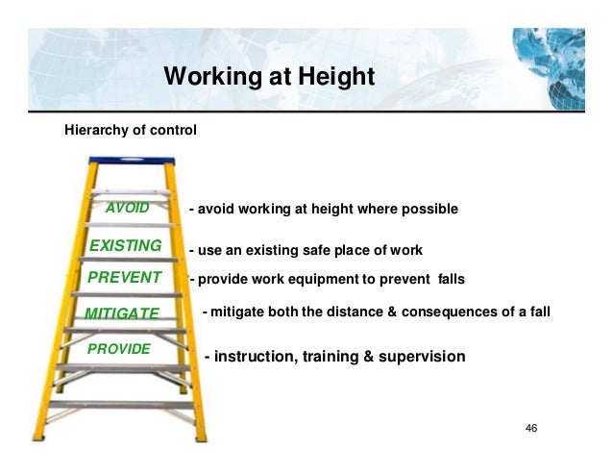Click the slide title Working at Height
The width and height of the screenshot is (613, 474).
pos(268,76)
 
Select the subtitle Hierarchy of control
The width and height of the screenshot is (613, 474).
pos(130,128)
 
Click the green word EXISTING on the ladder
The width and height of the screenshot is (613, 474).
pos(125,246)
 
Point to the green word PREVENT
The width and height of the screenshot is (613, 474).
pos(125,279)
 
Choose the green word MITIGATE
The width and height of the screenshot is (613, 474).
pos(121,313)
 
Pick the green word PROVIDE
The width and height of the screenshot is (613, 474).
pos(119,348)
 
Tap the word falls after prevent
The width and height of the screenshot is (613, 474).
pos(448,280)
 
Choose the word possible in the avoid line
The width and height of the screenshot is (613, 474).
pos(430,209)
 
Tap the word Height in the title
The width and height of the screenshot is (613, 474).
pos(333,76)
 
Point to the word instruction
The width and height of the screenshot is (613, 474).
pos(255,357)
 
